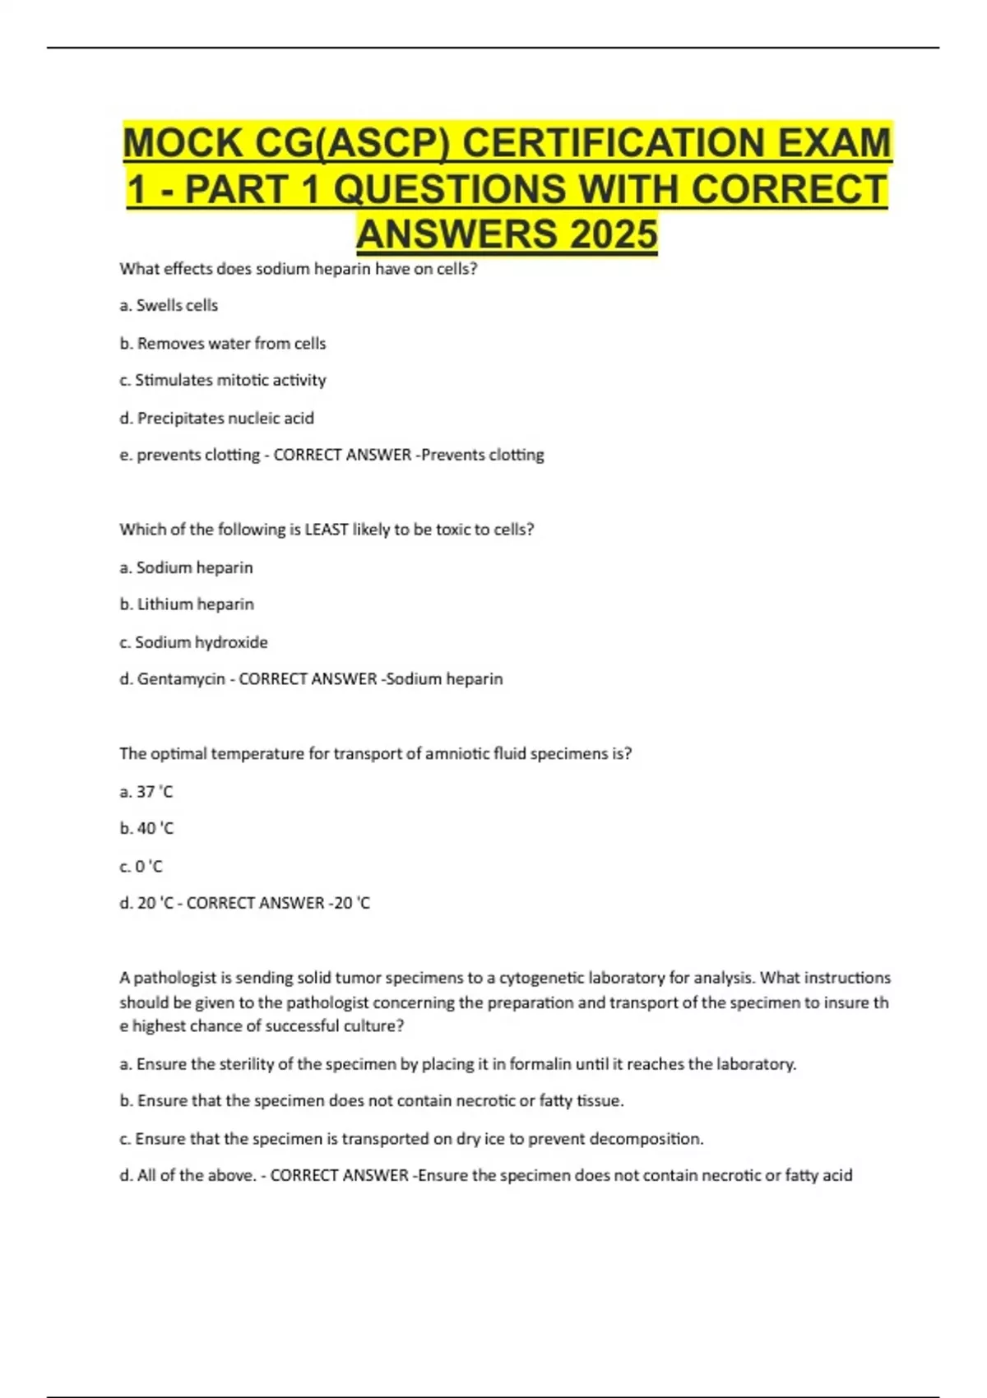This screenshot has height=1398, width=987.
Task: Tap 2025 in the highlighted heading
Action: [x=612, y=234]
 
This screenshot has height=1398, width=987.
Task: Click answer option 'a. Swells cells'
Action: [x=169, y=305]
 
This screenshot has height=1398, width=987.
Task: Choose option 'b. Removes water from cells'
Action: [x=223, y=343]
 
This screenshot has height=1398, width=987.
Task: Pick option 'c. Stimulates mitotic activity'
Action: [x=223, y=380]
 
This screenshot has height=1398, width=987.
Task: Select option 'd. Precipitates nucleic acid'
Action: [x=217, y=418]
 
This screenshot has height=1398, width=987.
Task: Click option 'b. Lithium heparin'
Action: [x=187, y=604]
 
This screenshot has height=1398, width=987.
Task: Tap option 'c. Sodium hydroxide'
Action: [x=193, y=642]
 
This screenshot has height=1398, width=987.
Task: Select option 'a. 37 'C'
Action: [x=146, y=792]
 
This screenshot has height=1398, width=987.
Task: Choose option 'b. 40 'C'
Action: [x=146, y=828]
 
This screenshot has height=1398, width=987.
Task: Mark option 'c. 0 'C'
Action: [x=141, y=866]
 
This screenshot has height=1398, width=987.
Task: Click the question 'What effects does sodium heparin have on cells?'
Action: [x=299, y=269]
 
